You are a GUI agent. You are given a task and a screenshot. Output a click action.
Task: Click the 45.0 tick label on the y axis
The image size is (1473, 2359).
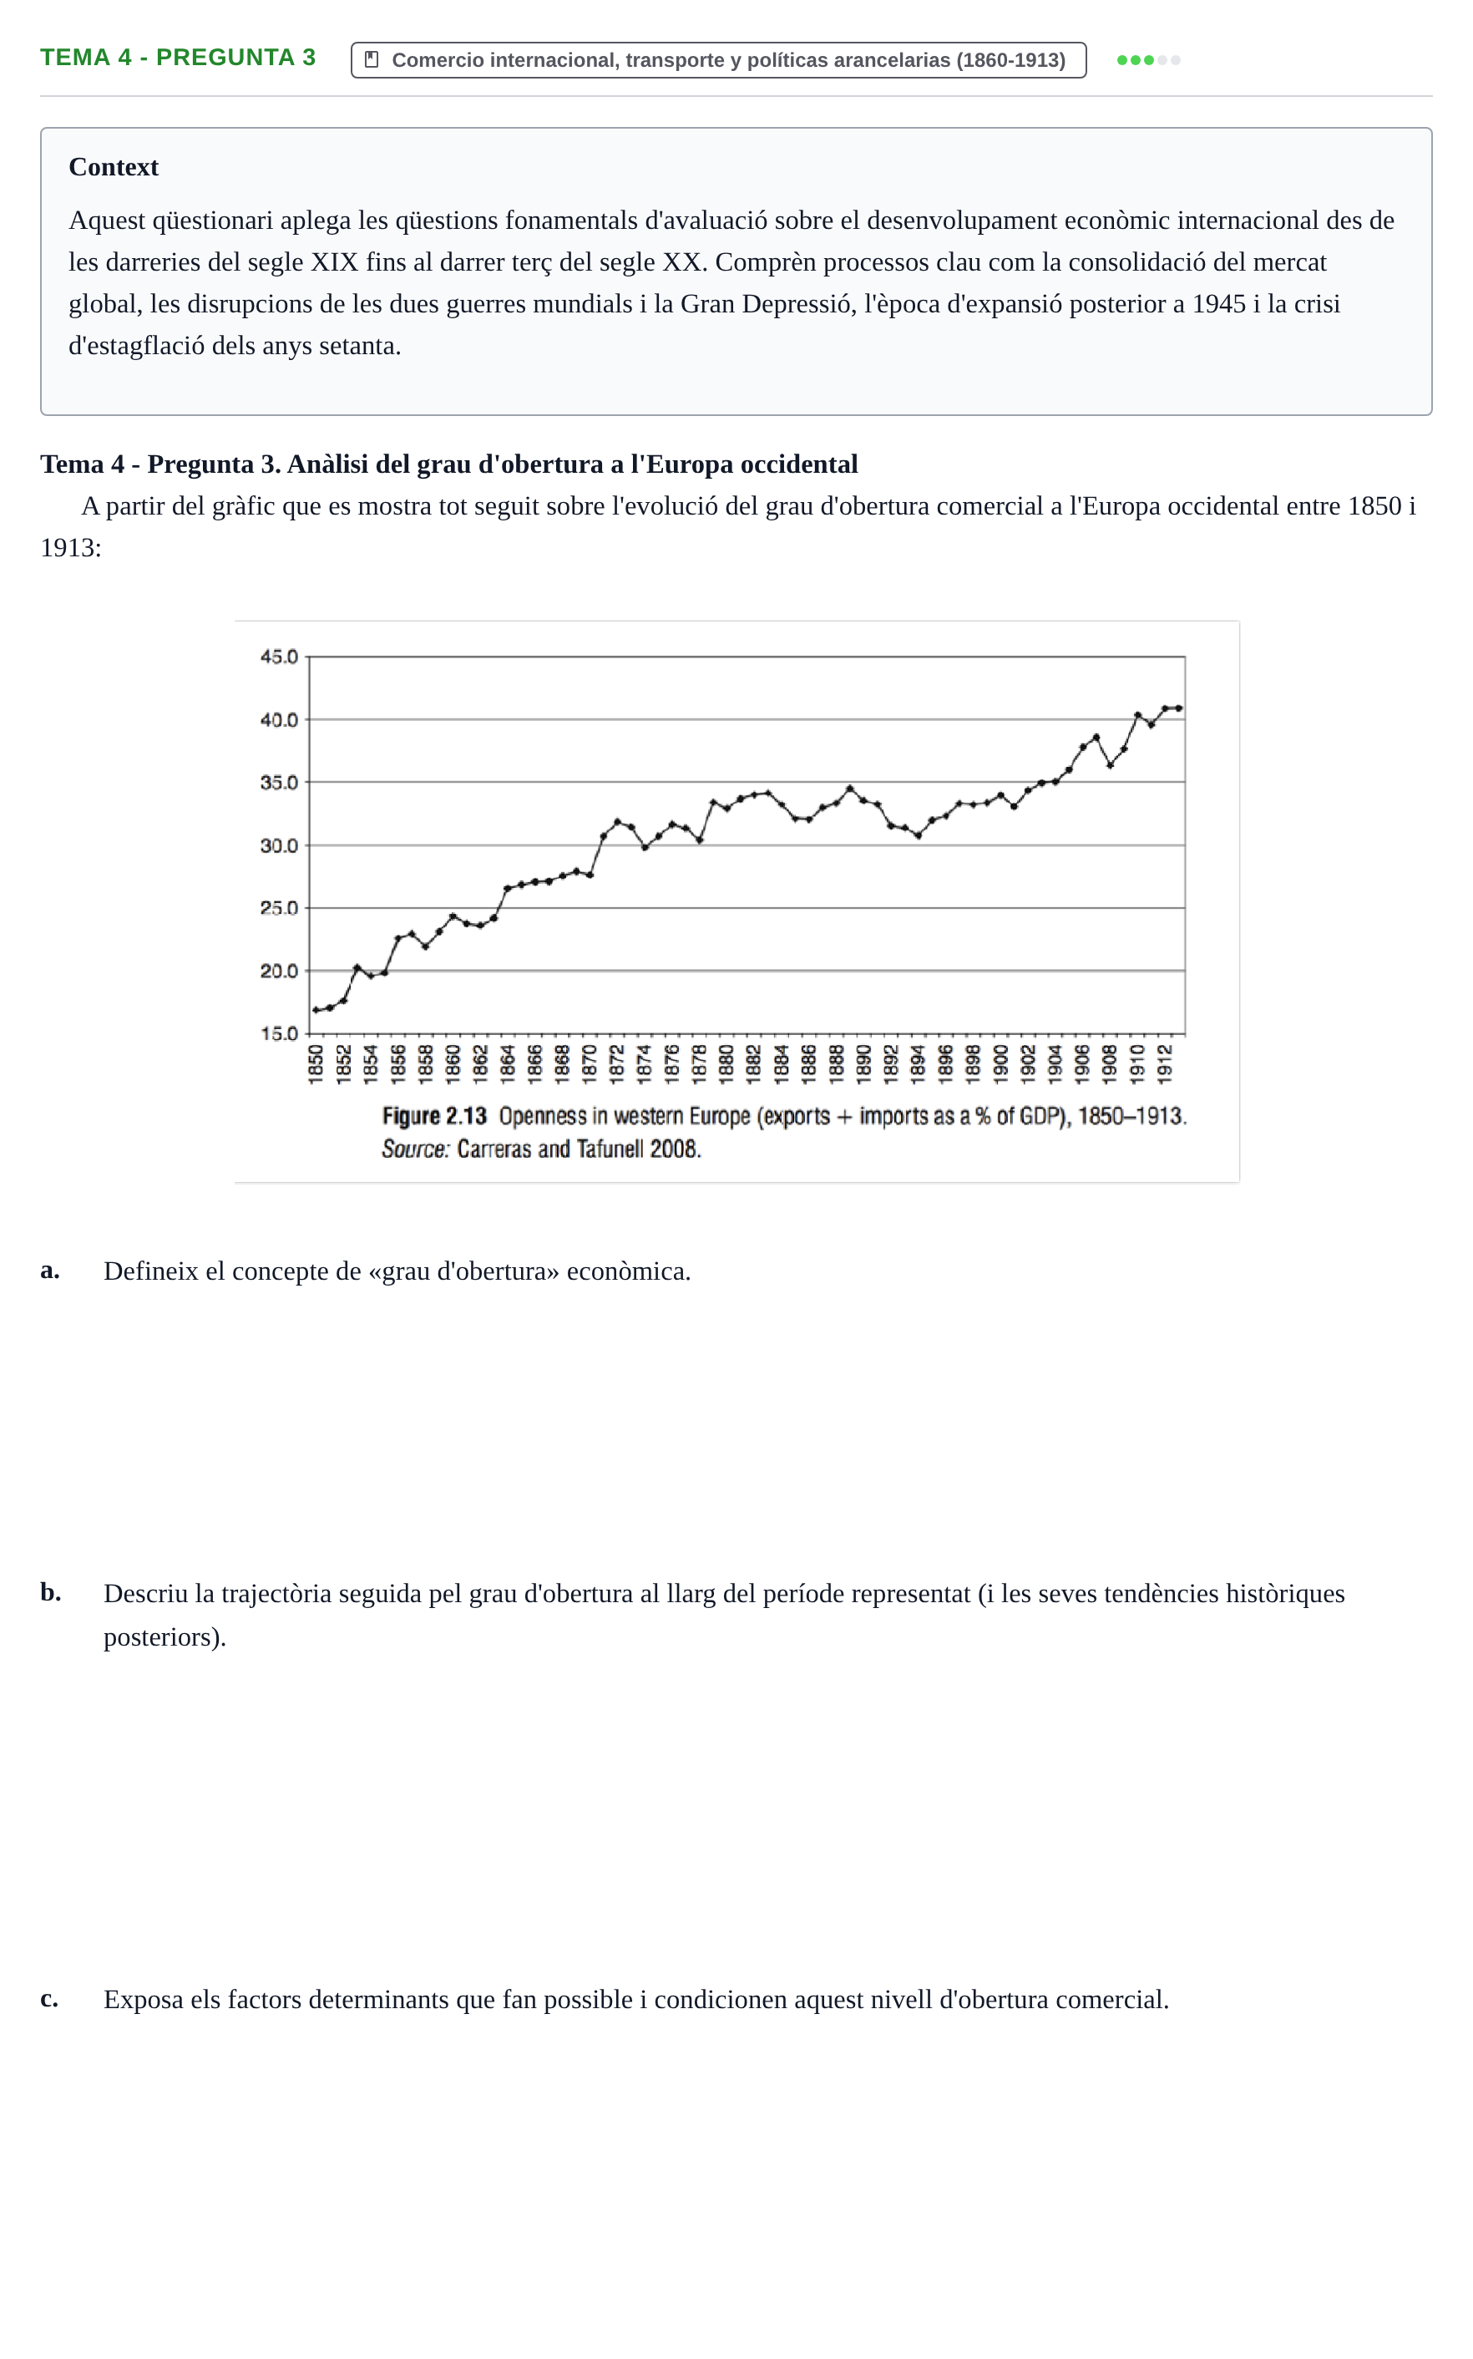click(x=279, y=657)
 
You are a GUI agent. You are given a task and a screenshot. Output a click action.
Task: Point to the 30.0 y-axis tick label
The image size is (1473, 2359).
click(x=279, y=845)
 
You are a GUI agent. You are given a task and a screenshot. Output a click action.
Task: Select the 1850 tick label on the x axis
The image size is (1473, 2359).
click(x=316, y=1063)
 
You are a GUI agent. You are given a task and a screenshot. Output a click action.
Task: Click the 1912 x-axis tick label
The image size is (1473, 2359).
click(x=1164, y=1063)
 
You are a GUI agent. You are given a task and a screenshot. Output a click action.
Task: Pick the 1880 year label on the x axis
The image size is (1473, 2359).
click(x=726, y=1063)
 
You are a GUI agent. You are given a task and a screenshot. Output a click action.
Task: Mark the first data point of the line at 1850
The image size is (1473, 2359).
click(x=316, y=1011)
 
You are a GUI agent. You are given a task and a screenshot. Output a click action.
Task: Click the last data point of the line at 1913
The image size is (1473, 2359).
click(x=1179, y=708)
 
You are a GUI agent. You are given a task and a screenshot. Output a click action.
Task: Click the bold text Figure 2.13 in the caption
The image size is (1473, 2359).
click(x=433, y=1117)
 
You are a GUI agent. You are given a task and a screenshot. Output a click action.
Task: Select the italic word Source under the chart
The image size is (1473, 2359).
click(x=414, y=1149)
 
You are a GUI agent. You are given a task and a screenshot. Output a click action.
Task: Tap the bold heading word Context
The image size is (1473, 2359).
click(x=113, y=168)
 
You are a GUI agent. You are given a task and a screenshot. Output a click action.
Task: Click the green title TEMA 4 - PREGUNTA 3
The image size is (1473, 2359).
click(x=179, y=58)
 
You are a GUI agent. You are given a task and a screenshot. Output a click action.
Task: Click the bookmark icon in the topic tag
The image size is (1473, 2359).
click(x=371, y=59)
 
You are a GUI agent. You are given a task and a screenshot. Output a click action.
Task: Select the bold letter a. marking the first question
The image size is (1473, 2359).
click(x=50, y=1271)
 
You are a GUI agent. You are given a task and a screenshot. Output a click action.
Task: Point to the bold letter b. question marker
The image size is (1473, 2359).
click(x=51, y=1592)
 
